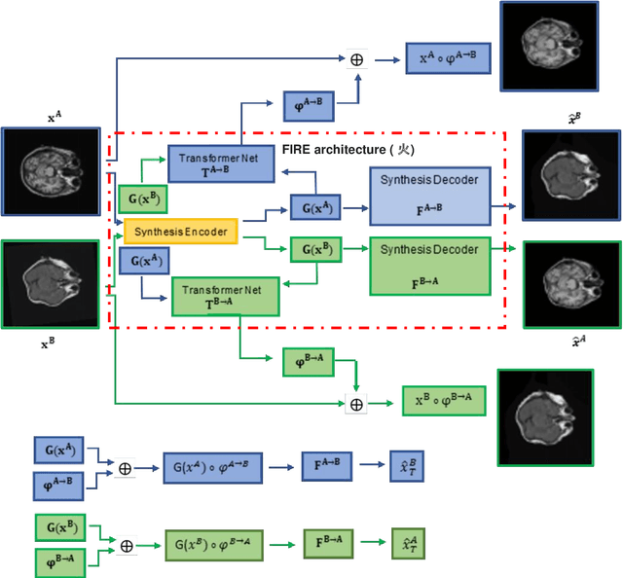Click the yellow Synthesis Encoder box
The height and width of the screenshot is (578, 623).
[x=181, y=231]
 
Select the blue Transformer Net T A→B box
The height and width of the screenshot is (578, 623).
[x=211, y=163]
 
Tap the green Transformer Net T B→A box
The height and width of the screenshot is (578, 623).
[x=225, y=295]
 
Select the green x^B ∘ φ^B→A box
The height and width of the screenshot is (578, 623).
[x=443, y=400]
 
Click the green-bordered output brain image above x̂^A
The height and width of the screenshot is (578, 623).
[x=571, y=276]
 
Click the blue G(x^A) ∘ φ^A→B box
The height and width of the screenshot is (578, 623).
[x=212, y=467]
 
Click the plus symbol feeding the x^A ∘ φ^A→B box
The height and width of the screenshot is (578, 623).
[x=358, y=60]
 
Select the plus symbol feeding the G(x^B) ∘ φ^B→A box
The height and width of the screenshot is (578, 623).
[x=126, y=546]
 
